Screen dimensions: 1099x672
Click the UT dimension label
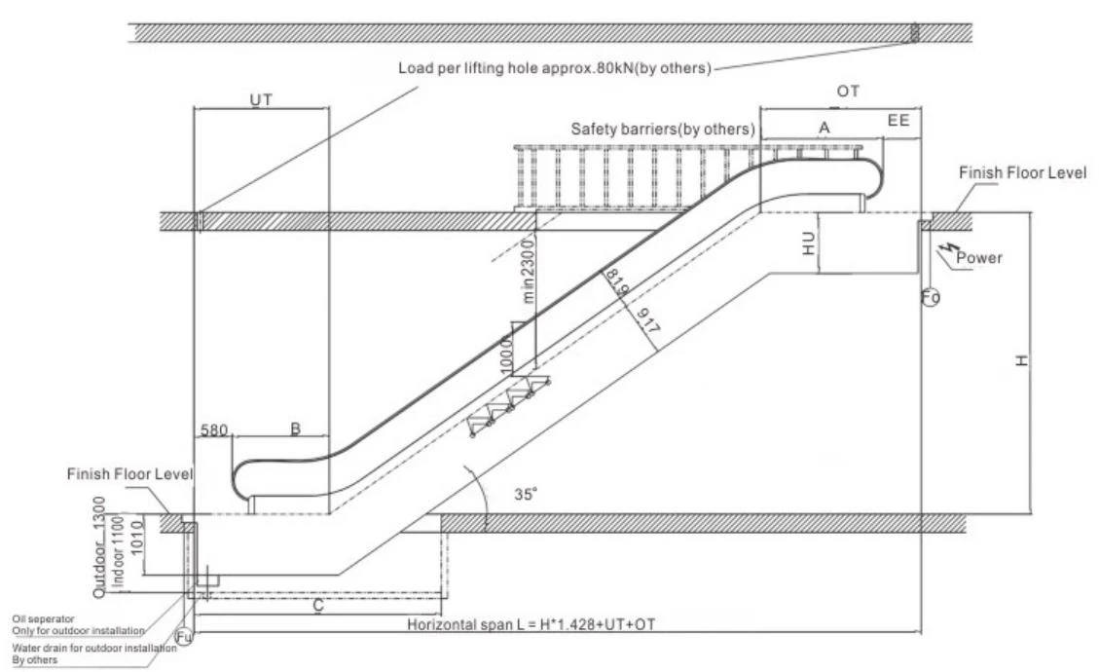[261, 100]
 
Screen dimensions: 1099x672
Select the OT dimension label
[848, 92]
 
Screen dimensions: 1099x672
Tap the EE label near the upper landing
[898, 121]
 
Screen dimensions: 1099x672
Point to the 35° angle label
[526, 494]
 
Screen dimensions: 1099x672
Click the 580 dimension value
[214, 429]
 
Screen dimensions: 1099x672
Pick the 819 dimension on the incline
[616, 281]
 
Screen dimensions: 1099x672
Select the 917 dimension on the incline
[647, 319]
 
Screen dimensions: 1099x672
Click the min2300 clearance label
[529, 270]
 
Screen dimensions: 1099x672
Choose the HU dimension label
[809, 243]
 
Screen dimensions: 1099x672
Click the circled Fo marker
[931, 297]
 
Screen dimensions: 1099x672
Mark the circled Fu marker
[184, 637]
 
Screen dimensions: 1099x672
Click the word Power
[979, 258]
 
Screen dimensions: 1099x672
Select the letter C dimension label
[318, 606]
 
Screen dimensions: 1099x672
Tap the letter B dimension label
[296, 429]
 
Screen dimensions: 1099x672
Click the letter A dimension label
[824, 128]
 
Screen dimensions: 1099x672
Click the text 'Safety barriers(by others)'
[663, 130]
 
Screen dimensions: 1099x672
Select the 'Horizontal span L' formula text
[531, 624]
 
